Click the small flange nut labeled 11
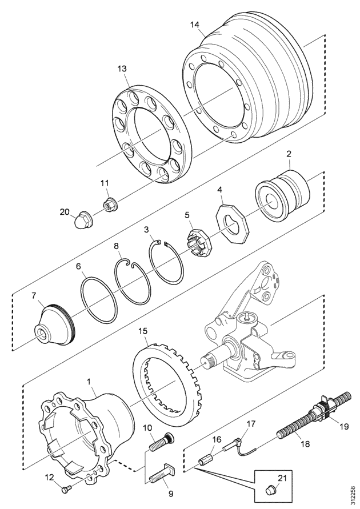(x=109, y=202)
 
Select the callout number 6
(x=79, y=266)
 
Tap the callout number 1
(x=90, y=380)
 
